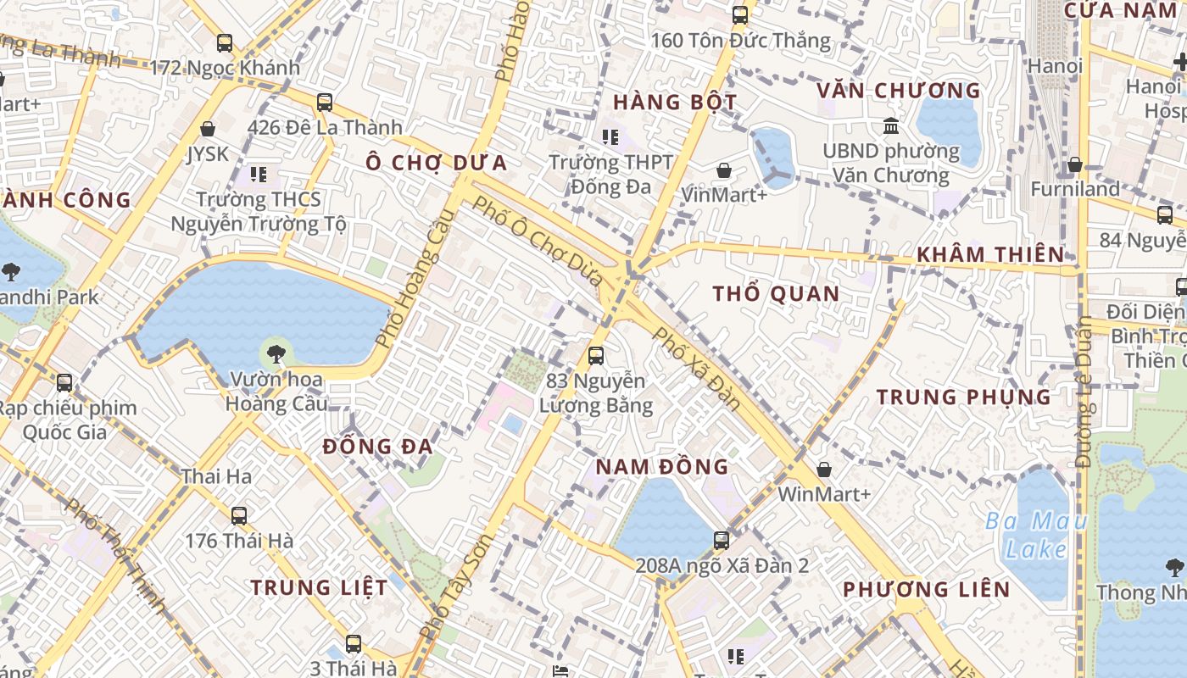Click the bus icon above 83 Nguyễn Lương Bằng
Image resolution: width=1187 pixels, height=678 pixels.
596,355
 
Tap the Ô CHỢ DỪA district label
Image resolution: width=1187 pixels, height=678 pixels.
437,163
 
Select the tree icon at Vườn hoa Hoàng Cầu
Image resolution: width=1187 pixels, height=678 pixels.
276,354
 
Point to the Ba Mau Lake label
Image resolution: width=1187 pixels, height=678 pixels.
1035,535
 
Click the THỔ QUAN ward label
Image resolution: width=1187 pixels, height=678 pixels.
776,294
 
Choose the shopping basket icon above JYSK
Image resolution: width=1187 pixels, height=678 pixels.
208,130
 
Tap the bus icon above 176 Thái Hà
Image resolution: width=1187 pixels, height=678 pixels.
239,515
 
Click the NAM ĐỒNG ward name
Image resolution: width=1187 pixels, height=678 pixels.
662,466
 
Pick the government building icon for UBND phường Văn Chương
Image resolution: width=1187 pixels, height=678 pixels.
891,126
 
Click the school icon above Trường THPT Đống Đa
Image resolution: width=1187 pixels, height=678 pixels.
610,136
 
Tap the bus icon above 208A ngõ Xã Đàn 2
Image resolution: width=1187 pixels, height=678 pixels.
722,540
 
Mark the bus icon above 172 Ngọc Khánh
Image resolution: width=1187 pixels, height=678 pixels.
225,42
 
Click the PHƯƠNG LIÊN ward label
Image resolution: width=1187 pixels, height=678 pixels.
926,589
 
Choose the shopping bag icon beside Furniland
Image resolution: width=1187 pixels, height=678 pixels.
1075,164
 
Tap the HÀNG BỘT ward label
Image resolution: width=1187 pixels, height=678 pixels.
675,103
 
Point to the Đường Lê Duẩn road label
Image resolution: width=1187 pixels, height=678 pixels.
1084,392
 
